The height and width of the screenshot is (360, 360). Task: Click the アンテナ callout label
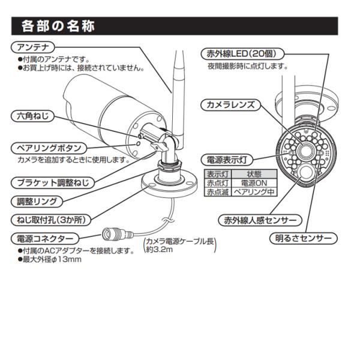(x=32, y=47)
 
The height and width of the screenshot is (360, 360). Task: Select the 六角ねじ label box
(x=32, y=116)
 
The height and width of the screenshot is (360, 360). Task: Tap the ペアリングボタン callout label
(x=49, y=148)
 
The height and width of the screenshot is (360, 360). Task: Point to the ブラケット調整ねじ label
(x=53, y=183)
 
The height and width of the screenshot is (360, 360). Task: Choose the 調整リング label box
(x=37, y=202)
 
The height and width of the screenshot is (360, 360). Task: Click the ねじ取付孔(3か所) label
(x=51, y=220)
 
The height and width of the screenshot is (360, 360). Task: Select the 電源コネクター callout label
(x=45, y=239)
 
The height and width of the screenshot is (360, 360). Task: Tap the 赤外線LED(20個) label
(x=242, y=54)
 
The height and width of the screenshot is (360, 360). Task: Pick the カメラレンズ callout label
(x=231, y=105)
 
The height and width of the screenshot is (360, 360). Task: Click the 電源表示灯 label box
(x=227, y=160)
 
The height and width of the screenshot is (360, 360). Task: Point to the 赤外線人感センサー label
(x=260, y=220)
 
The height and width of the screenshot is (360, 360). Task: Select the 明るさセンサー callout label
(x=303, y=238)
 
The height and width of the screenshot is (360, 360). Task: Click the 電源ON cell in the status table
(x=254, y=183)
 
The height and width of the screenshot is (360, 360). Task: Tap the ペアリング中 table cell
(x=254, y=192)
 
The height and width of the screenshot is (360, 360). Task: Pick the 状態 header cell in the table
(x=254, y=174)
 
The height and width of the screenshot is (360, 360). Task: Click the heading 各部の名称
(x=58, y=26)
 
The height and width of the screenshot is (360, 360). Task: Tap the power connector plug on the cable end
(x=117, y=234)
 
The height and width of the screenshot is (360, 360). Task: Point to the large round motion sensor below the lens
(x=306, y=173)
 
